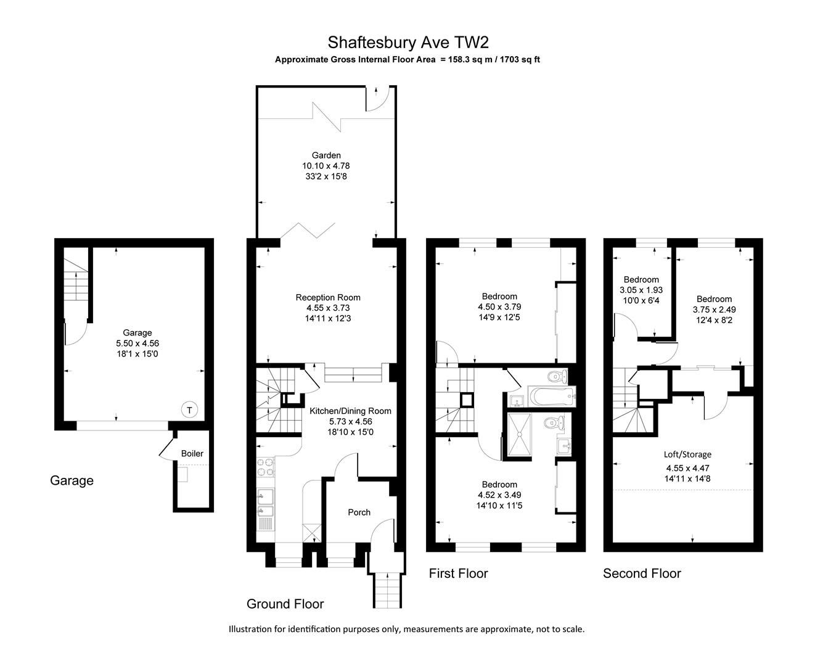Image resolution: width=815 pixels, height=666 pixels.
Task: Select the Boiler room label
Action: (x=192, y=453)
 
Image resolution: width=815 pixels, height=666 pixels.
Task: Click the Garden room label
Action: (x=326, y=155)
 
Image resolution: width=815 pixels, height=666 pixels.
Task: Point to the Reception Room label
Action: (x=327, y=297)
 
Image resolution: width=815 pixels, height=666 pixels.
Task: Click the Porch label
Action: (x=359, y=512)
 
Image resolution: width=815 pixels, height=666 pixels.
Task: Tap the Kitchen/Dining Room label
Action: (x=350, y=411)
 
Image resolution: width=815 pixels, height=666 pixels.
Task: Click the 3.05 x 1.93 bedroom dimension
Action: (x=641, y=290)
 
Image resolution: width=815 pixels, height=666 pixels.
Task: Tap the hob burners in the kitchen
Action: (x=265, y=467)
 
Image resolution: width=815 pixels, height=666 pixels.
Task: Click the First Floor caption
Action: (x=458, y=573)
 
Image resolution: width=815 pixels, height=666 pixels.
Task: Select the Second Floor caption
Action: (x=642, y=573)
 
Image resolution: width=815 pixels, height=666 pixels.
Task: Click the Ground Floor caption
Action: (x=285, y=604)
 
